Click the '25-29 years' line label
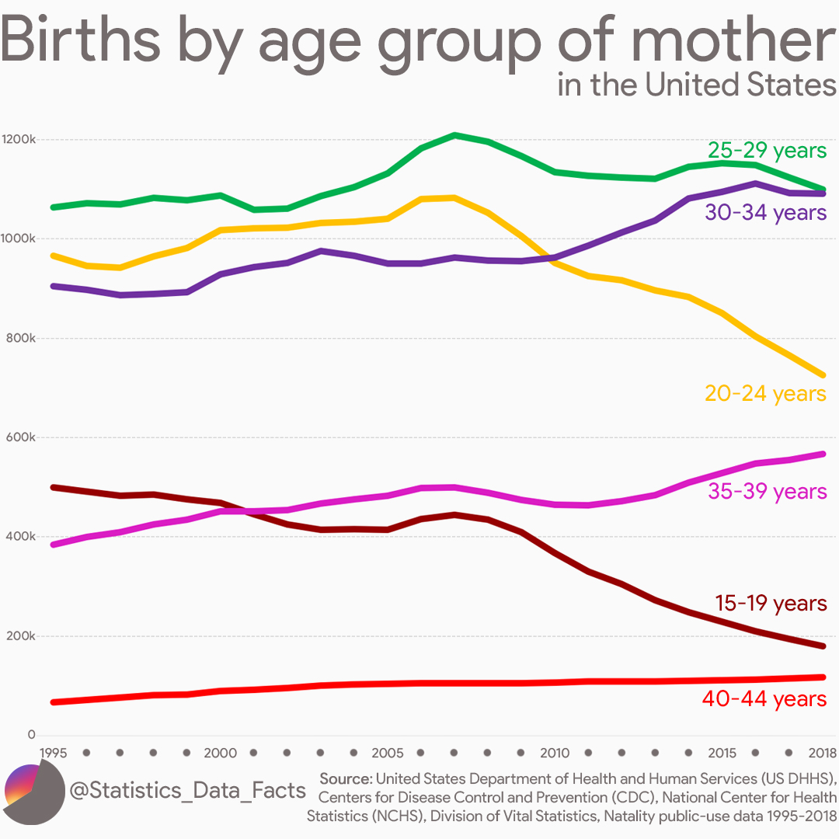pyautogui.click(x=767, y=150)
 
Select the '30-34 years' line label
pyautogui.click(x=766, y=212)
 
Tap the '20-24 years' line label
pyautogui.click(x=765, y=393)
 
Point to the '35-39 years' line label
pyautogui.click(x=767, y=491)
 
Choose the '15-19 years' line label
pyautogui.click(x=770, y=603)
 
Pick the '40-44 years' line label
pyautogui.click(x=764, y=699)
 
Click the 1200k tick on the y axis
pyautogui.click(x=19, y=140)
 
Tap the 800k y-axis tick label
pyautogui.click(x=21, y=339)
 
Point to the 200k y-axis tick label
pyautogui.click(x=21, y=636)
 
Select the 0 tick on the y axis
pyautogui.click(x=31, y=735)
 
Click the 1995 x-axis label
pyautogui.click(x=54, y=753)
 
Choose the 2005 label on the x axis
pyautogui.click(x=388, y=753)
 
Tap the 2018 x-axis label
pyautogui.click(x=821, y=753)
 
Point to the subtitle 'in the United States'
pyautogui.click(x=696, y=85)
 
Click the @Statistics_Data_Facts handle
pyautogui.click(x=187, y=791)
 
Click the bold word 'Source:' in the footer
pyautogui.click(x=346, y=778)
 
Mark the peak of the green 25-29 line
pyautogui.click(x=454, y=135)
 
